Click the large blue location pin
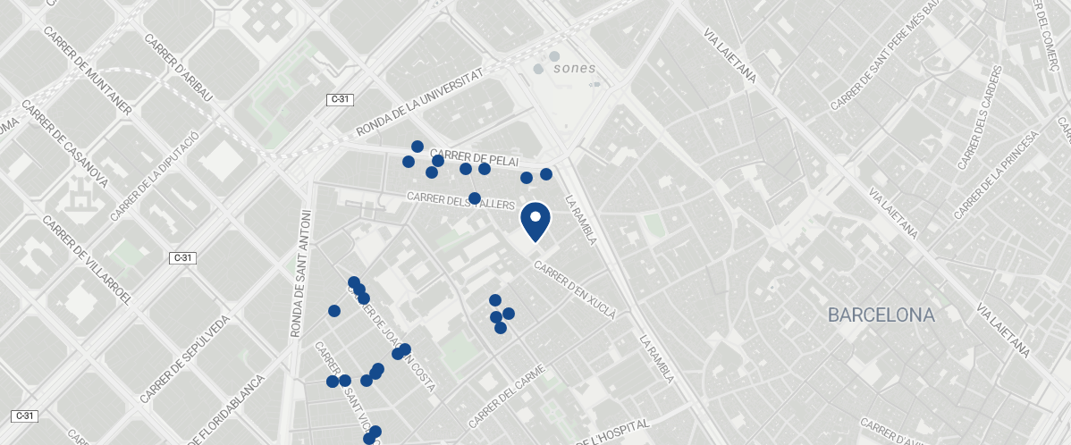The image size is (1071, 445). pyautogui.click(x=535, y=221)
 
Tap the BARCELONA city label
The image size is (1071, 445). pyautogui.click(x=881, y=315)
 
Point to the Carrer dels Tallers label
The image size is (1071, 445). pyautogui.click(x=460, y=201)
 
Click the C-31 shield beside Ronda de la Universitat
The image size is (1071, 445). pyautogui.click(x=339, y=100)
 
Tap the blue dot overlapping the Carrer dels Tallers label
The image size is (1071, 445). pyautogui.click(x=475, y=197)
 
